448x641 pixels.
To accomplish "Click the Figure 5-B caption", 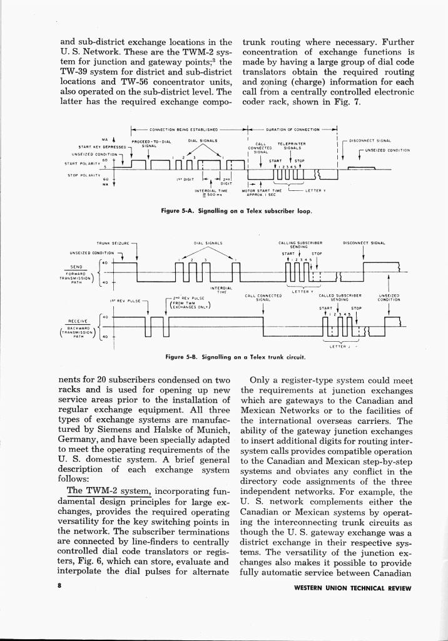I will [235, 357].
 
